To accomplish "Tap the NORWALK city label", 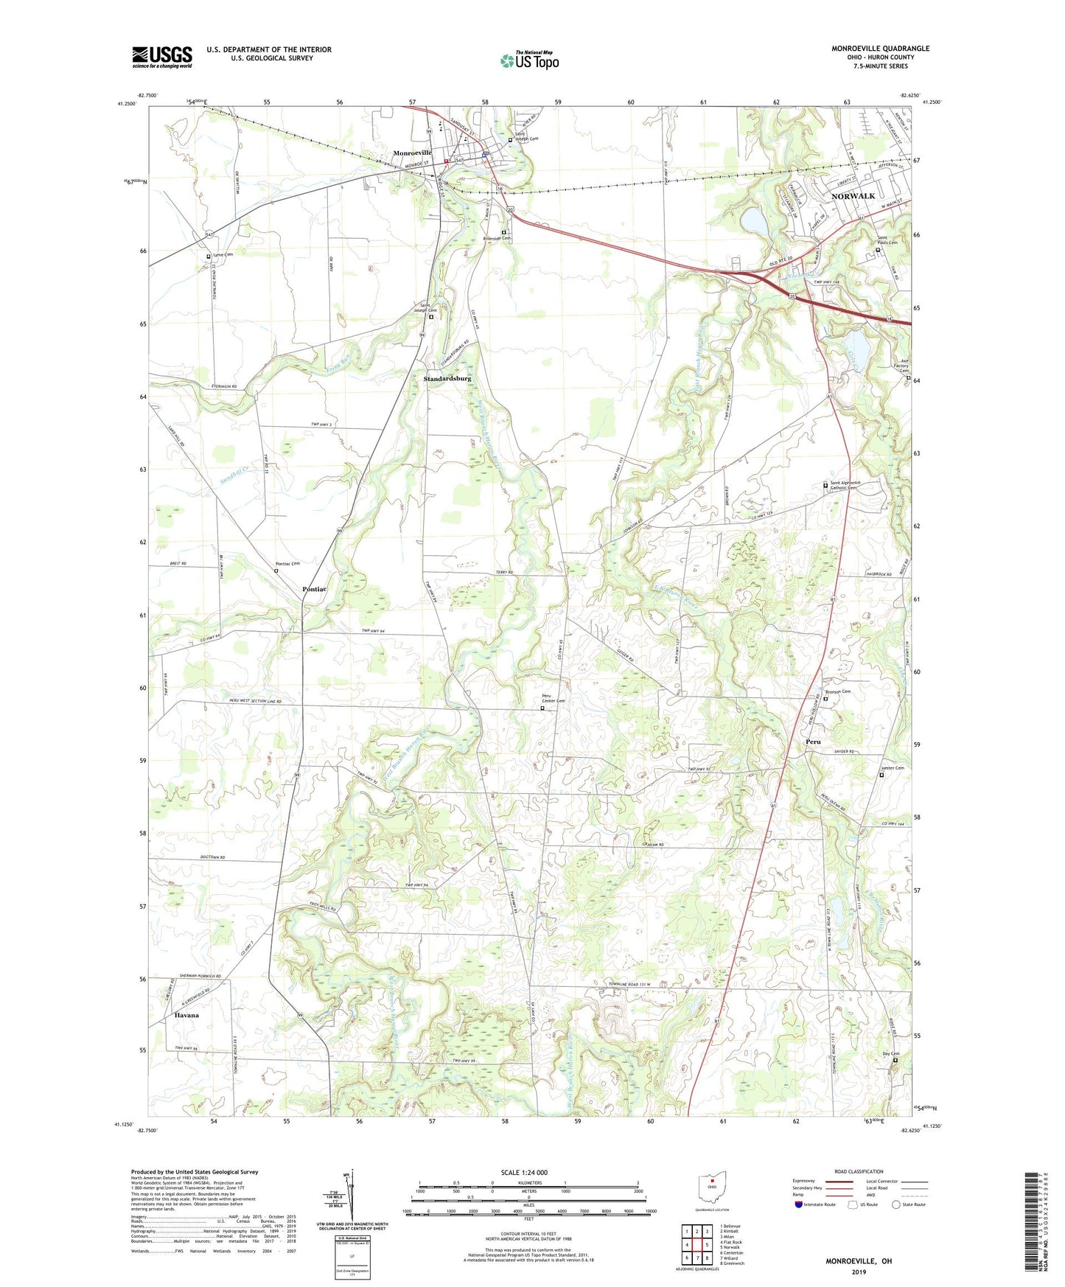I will pos(853,196).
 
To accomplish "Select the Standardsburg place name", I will pos(447,378).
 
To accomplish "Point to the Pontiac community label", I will pos(315,589).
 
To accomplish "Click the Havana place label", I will pos(186,1015).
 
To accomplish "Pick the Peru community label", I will pos(813,742).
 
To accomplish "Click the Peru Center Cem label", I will pos(554,700).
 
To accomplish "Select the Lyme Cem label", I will pos(223,254).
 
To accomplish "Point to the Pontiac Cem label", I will pos(287,564).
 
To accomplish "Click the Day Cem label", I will pos(891,1053).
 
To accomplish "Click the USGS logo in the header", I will pos(162,57).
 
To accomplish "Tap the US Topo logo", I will pos(529,60).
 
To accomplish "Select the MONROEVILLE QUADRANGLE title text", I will pos(880,49).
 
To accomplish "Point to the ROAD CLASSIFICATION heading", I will pos(859,1171).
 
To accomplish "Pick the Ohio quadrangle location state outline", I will pos(713,1186).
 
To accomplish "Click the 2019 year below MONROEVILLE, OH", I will pos(859,1272).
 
